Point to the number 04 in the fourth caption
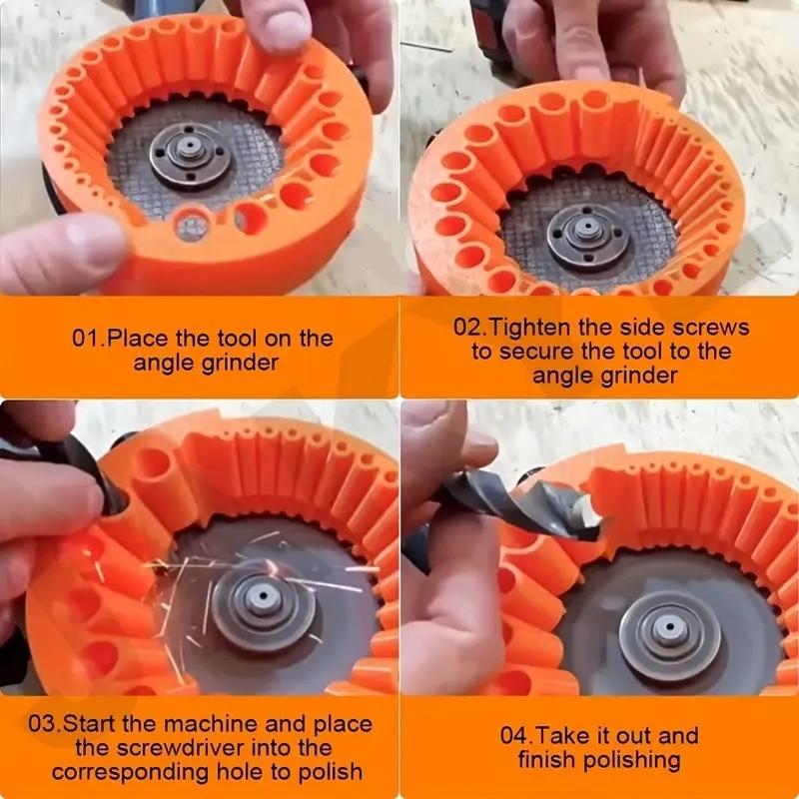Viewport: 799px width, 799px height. [513, 736]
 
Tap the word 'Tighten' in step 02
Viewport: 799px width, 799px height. [532, 327]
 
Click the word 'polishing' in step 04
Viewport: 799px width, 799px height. [631, 760]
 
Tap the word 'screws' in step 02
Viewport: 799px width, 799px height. [713, 327]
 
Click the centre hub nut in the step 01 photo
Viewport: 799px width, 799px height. [186, 150]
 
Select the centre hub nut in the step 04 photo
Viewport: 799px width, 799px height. [664, 633]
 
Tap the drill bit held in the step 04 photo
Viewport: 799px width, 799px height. [519, 508]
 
